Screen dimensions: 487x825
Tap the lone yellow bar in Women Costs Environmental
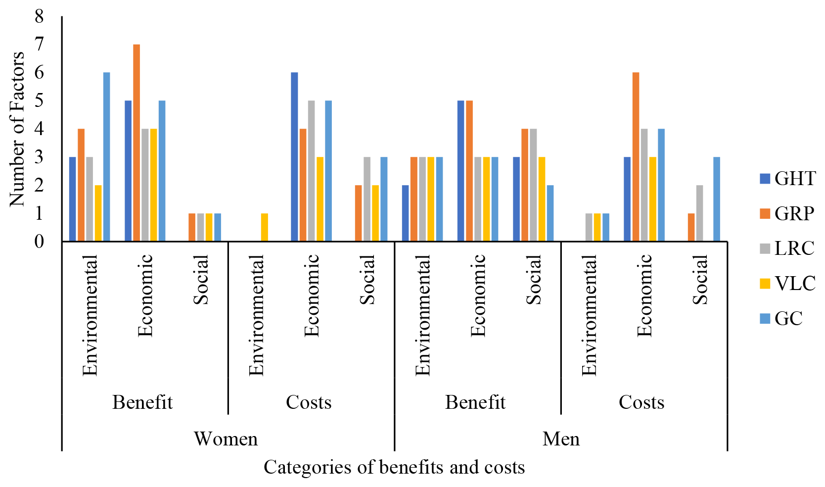[265, 227]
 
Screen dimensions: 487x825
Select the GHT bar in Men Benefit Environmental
[406, 213]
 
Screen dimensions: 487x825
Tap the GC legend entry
[781, 319]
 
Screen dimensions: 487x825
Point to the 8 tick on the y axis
[39, 17]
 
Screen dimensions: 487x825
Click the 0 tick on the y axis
[39, 242]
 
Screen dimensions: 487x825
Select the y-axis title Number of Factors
[17, 129]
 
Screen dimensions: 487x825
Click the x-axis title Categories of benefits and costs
[394, 467]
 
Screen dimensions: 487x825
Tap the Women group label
[226, 439]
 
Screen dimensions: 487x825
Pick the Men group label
[561, 439]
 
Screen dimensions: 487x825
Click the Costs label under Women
[309, 402]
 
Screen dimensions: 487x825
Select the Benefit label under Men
[475, 402]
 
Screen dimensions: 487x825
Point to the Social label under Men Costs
[700, 280]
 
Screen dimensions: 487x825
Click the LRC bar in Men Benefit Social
[533, 185]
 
